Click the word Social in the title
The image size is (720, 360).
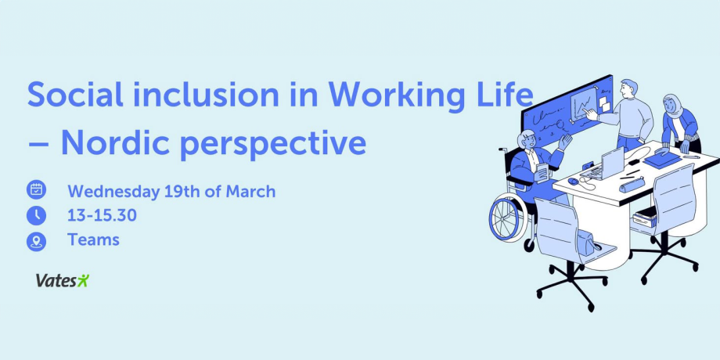pyautogui.click(x=75, y=94)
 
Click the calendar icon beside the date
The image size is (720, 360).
pyautogui.click(x=36, y=189)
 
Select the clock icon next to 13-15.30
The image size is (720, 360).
pyautogui.click(x=36, y=215)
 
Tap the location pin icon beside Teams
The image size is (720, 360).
pyautogui.click(x=36, y=242)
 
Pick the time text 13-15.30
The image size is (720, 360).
pyautogui.click(x=102, y=215)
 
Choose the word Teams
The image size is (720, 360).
pyautogui.click(x=93, y=239)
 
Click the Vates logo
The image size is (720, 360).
pyautogui.click(x=63, y=280)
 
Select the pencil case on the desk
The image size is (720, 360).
pyautogui.click(x=632, y=185)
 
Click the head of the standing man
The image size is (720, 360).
pyautogui.click(x=629, y=88)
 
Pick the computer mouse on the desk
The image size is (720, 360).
pyautogui.click(x=573, y=182)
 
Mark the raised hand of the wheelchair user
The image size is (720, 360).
pyautogui.click(x=564, y=141)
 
